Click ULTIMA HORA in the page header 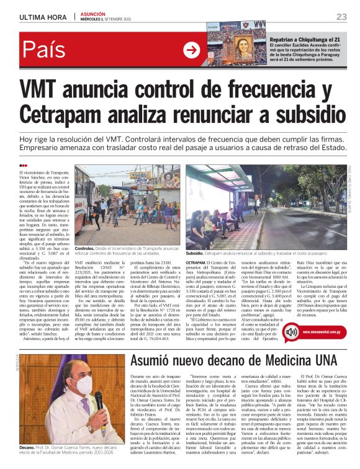tap(43, 16)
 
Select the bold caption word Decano tap(27, 447)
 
